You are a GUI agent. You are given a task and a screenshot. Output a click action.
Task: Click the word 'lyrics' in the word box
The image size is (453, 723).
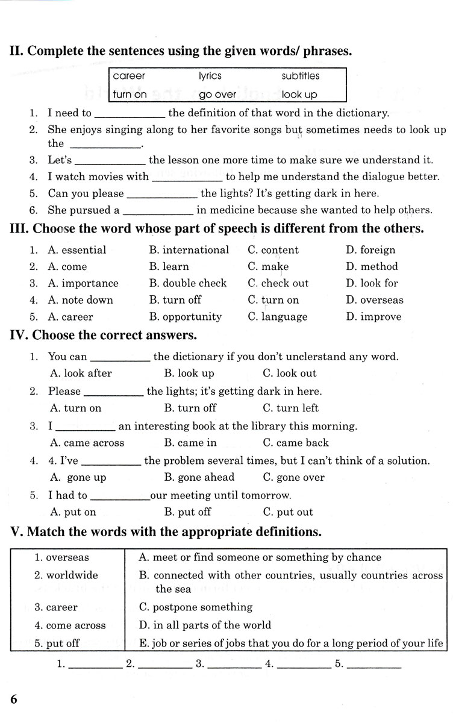[210, 76]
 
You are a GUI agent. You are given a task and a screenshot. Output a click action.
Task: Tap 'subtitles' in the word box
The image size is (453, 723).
[301, 76]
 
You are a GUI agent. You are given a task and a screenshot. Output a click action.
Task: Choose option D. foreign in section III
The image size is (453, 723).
[370, 250]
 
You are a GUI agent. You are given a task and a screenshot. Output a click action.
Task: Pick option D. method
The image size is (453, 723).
[372, 266]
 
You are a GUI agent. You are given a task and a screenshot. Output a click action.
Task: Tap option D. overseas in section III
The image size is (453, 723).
[375, 300]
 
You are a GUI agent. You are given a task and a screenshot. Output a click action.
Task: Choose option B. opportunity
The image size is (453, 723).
[185, 317]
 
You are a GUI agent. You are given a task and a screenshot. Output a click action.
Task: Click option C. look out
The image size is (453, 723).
[290, 374]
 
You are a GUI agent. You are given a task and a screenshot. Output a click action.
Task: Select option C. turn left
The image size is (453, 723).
[291, 408]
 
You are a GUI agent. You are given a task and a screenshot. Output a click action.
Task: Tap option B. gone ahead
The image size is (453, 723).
[199, 478]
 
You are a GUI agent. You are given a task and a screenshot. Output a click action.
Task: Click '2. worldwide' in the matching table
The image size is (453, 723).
[66, 575]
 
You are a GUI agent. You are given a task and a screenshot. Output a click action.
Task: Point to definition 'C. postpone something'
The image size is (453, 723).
[195, 607]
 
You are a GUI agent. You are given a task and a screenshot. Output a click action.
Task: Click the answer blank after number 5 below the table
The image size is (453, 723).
[374, 665]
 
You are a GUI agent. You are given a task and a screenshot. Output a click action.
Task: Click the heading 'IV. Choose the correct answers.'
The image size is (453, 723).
[103, 336]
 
